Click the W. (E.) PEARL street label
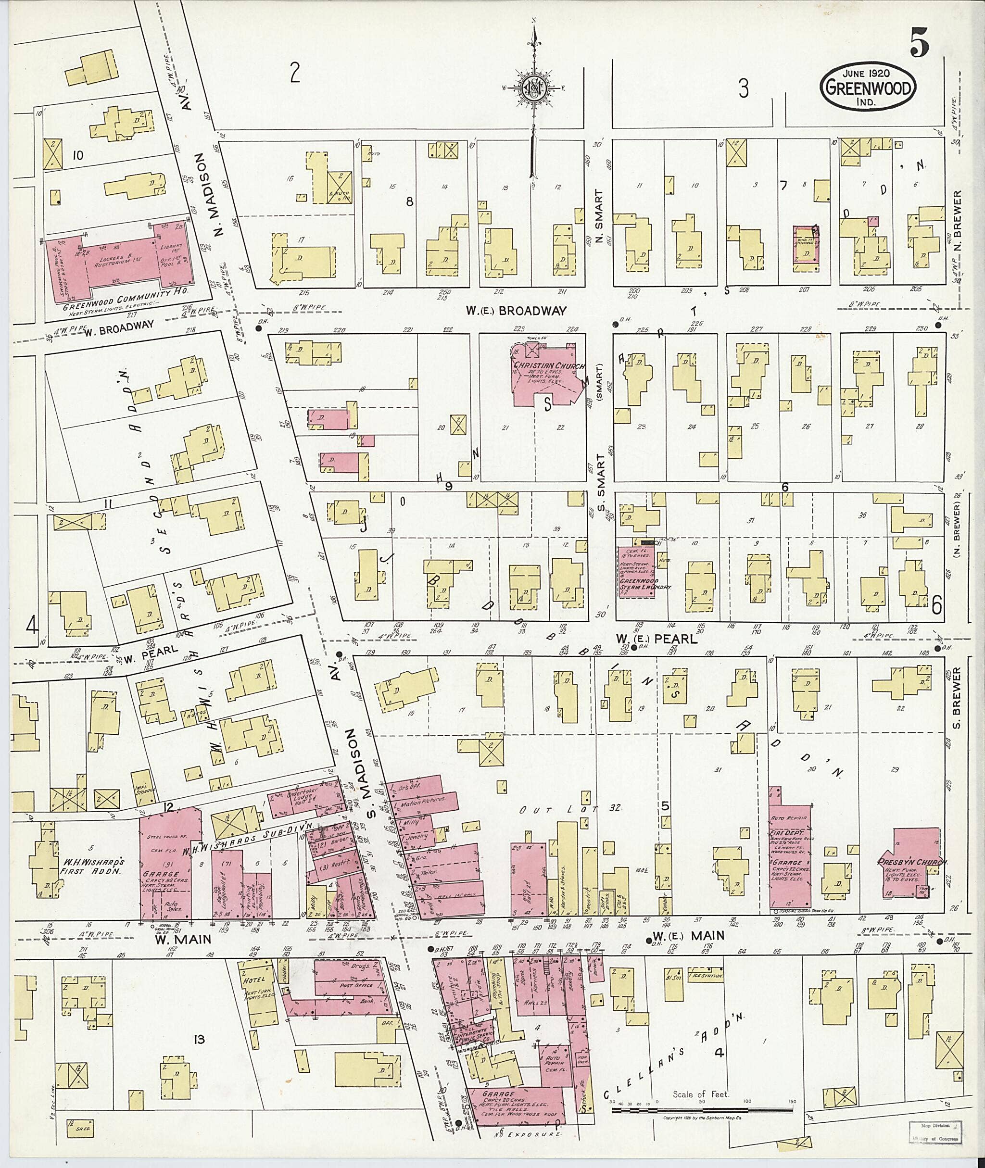pyautogui.click(x=657, y=639)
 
